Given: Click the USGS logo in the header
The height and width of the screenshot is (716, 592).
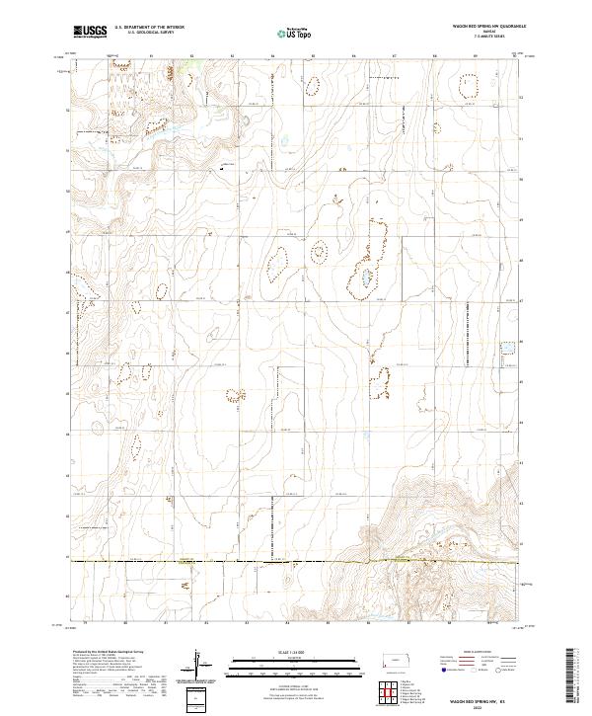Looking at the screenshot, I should (89, 32).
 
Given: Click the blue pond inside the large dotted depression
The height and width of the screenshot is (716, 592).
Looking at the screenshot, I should (364, 278).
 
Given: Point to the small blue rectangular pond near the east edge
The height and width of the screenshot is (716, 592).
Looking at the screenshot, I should (508, 348).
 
